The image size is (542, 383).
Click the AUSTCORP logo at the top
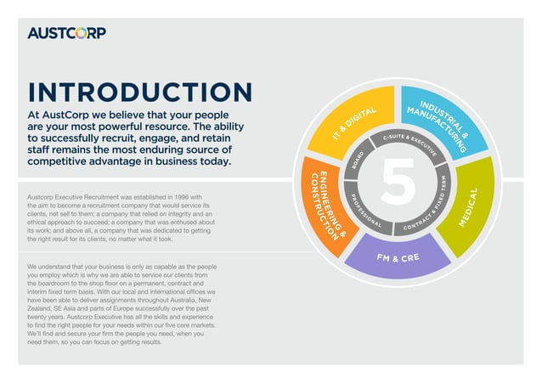67,33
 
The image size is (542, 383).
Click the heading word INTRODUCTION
140,93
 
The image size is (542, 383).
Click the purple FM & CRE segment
399,256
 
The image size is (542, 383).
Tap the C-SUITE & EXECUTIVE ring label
409,141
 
